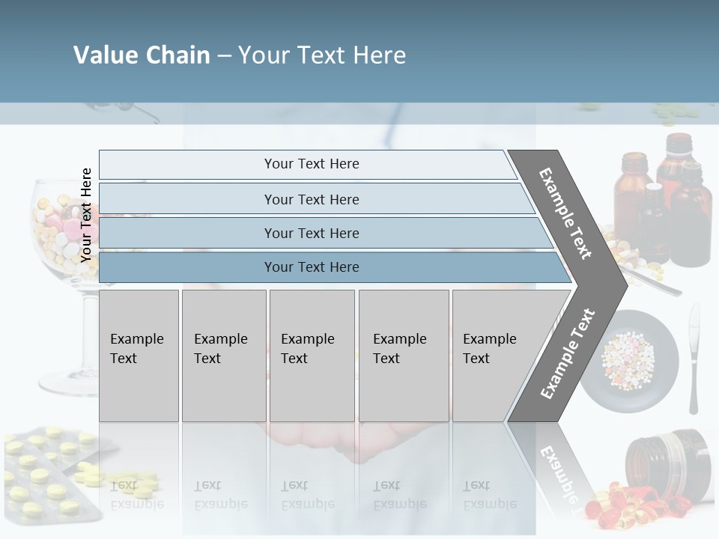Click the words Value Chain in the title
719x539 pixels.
(142, 55)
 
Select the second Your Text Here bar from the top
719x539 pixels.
(312, 199)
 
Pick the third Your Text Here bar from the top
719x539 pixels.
(312, 233)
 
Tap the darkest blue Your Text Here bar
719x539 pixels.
(312, 267)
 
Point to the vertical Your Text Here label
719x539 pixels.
(87, 215)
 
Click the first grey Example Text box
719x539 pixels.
(139, 356)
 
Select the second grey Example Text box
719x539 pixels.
(223, 356)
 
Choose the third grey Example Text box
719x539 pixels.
(312, 356)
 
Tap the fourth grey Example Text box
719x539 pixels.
(403, 356)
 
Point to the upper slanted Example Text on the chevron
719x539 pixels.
(566, 213)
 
